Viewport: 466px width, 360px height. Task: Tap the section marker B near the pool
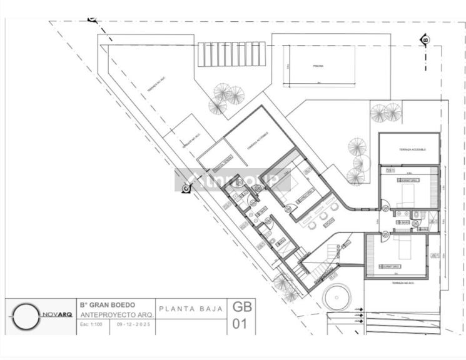pyautogui.click(x=425, y=40)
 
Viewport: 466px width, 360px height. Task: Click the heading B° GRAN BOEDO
pyautogui.click(x=108, y=305)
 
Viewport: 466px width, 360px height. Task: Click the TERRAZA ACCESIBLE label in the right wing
pyautogui.click(x=410, y=150)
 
